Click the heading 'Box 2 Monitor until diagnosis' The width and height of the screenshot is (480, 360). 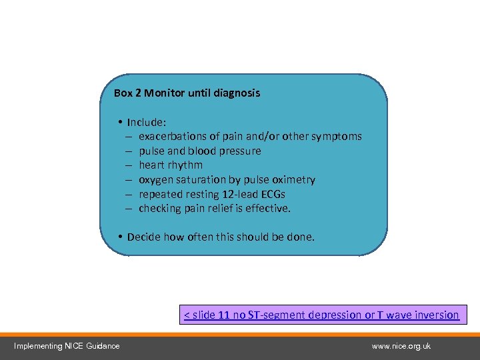click(x=187, y=93)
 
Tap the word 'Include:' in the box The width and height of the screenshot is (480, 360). click(x=147, y=123)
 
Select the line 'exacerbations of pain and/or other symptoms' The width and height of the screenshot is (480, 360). click(x=250, y=137)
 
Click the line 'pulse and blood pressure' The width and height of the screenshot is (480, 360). click(x=200, y=151)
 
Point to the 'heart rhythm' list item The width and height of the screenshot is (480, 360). click(x=171, y=165)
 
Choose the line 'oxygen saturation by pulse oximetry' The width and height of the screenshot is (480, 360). click(x=227, y=180)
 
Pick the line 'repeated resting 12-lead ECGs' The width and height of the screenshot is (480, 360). click(x=212, y=195)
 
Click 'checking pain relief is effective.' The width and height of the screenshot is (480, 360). click(x=215, y=209)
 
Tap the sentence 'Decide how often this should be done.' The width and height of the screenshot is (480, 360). click(x=221, y=237)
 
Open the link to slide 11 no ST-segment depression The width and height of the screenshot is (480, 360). click(x=321, y=315)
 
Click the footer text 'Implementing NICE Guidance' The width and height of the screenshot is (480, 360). click(x=67, y=346)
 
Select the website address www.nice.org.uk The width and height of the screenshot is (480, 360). click(x=401, y=346)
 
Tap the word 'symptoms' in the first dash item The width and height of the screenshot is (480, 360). click(x=337, y=137)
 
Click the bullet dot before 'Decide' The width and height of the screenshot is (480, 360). click(x=119, y=237)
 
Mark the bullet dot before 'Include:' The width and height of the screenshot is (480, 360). click(x=119, y=123)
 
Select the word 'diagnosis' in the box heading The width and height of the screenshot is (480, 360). click(x=237, y=93)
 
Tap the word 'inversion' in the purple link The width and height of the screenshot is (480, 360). click(x=435, y=315)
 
